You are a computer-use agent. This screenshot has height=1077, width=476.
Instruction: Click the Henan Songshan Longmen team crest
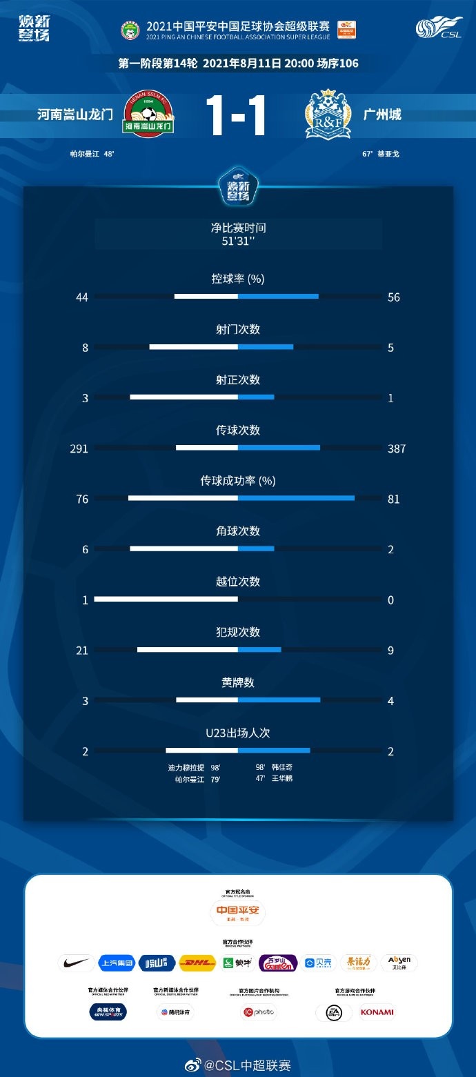point(148,113)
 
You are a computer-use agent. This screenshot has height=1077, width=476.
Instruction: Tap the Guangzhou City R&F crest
point(328,114)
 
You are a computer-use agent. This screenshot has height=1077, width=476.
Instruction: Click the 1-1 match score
point(238,115)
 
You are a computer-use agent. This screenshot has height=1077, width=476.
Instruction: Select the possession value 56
point(394,297)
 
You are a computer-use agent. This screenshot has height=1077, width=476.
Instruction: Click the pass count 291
point(79,448)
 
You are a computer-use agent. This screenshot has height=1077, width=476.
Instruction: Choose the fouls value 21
point(82,650)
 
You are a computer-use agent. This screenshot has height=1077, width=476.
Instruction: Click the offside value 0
point(390,600)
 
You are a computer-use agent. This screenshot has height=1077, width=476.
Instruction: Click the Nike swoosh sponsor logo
point(77,962)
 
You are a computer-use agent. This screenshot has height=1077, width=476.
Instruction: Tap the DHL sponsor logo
point(197,962)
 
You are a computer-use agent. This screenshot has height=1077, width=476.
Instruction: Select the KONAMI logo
point(377,1012)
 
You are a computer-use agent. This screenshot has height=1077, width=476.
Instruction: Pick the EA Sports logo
point(329,1012)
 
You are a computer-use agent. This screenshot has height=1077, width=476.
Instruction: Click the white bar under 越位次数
point(166,599)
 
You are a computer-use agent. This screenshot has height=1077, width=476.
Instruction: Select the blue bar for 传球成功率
point(296,498)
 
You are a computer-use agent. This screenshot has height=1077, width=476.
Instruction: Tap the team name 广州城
point(382,114)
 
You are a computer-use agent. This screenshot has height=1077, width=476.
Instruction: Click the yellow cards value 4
point(390,700)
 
